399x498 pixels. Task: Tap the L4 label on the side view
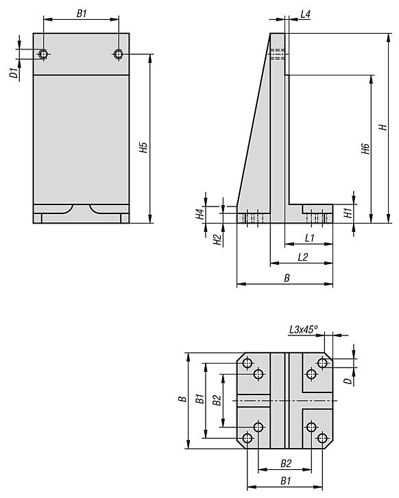pos(306,13)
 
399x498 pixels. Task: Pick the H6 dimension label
pos(365,149)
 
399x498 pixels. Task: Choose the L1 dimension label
pos(309,238)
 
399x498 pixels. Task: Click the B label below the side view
pos(287,278)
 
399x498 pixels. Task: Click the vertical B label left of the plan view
pos(181,399)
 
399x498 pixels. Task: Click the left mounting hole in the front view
pos(43,54)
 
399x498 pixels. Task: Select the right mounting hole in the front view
pos(119,54)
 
